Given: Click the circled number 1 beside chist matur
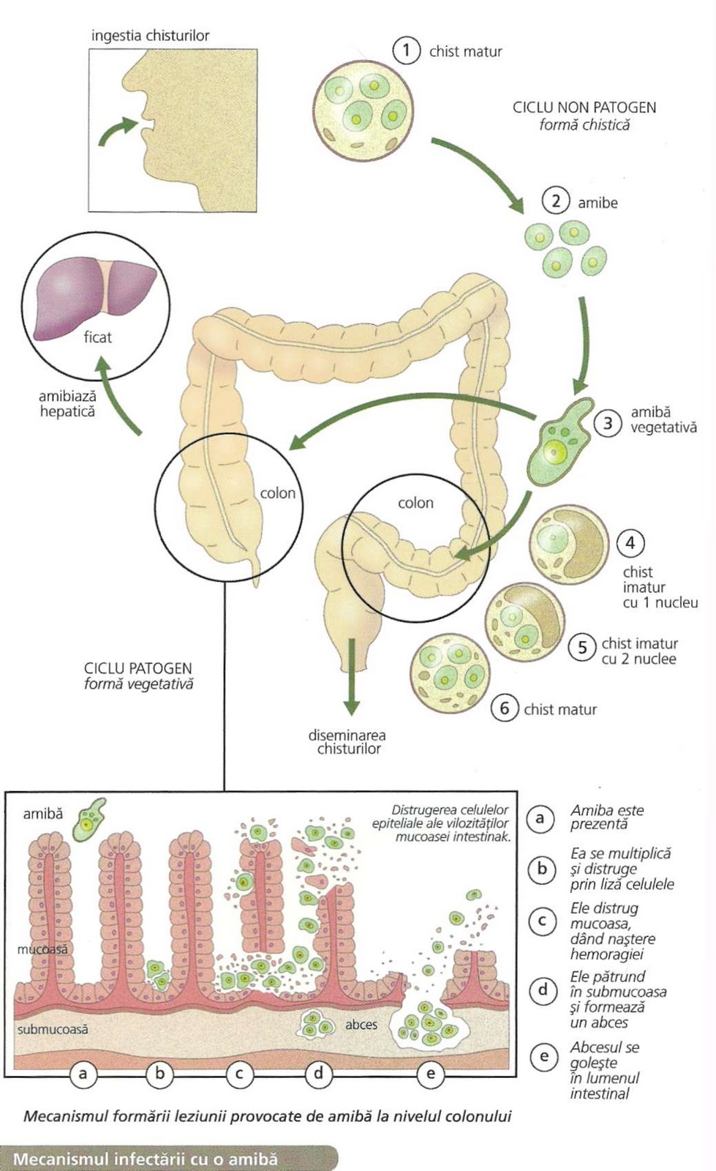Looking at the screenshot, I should tap(406, 50).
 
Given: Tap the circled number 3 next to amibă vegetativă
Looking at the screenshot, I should tap(608, 422).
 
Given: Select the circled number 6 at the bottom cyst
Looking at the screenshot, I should tap(505, 708).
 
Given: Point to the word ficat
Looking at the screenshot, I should tap(97, 337).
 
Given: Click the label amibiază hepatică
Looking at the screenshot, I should tap(67, 403).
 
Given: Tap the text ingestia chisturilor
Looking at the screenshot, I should tap(150, 35).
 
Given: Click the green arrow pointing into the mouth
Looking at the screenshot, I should tap(117, 131).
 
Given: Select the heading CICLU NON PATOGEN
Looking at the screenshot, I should tap(584, 108).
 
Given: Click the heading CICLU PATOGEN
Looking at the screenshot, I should tap(137, 668).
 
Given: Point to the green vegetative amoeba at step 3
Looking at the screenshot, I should tap(562, 443).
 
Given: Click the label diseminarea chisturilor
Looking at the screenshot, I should tap(347, 741).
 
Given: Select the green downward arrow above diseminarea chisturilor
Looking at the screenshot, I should tap(352, 676).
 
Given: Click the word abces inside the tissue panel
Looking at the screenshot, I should tap(361, 1025).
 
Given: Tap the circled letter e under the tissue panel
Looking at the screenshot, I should tap(431, 1074).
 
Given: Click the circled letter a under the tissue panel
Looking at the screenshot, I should tap(83, 1074).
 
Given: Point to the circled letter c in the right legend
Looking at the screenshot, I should tap(542, 920).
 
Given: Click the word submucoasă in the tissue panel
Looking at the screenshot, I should tap(53, 1029).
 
